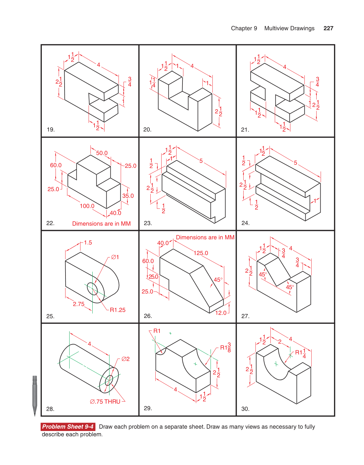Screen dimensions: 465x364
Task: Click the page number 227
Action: tap(328, 28)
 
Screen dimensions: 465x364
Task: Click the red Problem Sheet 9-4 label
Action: tap(68, 427)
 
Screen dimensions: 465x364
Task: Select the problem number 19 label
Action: tap(51, 130)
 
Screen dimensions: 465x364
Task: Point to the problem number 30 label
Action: tap(245, 409)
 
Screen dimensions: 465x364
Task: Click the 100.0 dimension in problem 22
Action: tap(87, 206)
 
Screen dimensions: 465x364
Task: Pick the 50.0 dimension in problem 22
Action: tap(102, 153)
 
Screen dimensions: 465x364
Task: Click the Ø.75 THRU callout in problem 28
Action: tap(105, 402)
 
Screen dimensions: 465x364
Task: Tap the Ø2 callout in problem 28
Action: tap(125, 359)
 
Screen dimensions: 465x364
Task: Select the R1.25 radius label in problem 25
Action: tap(117, 310)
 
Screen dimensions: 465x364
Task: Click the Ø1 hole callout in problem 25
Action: tap(115, 257)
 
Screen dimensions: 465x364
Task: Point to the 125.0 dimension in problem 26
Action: tap(201, 253)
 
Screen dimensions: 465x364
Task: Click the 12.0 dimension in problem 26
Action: tap(221, 313)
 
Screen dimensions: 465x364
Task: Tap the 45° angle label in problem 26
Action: tap(218, 280)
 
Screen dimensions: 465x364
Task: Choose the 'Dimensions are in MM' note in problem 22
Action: tap(101, 224)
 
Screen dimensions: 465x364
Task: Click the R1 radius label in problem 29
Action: tap(157, 331)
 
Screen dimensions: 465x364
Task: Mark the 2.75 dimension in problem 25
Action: tap(79, 304)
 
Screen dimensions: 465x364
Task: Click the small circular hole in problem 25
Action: tap(92, 289)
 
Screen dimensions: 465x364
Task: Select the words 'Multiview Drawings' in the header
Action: tap(289, 28)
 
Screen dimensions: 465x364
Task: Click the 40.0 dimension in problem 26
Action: tap(163, 243)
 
